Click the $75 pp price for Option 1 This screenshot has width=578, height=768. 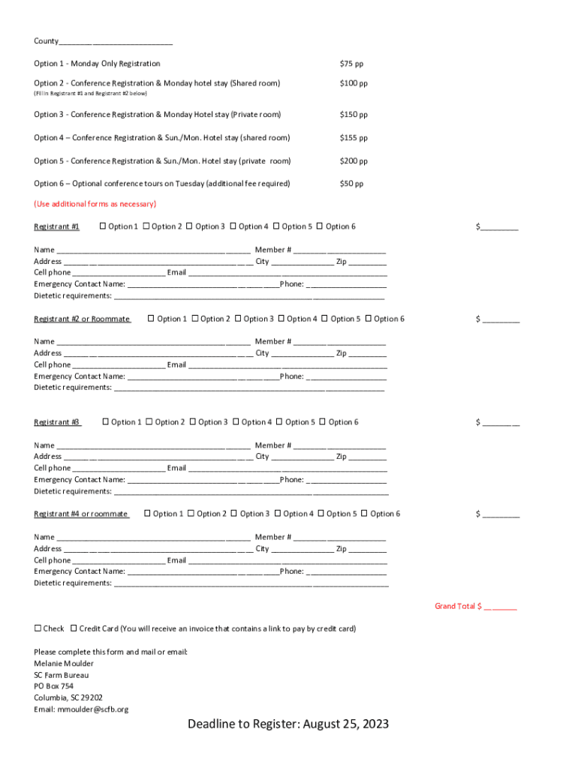pos(351,64)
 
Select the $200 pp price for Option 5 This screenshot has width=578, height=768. pos(354,161)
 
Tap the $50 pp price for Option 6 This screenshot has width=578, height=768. pos(351,184)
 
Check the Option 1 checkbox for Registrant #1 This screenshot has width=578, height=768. pos(103,226)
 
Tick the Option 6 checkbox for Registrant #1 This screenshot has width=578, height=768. pos(320,226)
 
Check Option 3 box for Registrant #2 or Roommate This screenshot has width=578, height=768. pos(238,319)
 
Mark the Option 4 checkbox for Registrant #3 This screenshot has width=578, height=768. pos(236,422)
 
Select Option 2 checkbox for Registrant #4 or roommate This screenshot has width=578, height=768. pos(191,514)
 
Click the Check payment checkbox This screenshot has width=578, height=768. pos(38,628)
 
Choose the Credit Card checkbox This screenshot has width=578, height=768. pos(74,628)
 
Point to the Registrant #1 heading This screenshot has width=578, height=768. pos(56,226)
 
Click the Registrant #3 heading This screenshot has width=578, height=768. pos(56,422)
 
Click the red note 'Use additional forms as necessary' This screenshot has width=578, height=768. pos(95,204)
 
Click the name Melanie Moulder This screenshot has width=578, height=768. pos(64,664)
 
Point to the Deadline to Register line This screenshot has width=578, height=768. pos(288,724)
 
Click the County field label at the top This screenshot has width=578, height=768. pos(46,41)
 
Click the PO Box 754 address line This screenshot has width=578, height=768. pos(53,686)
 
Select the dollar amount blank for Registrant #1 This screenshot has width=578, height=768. pos(499,227)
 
